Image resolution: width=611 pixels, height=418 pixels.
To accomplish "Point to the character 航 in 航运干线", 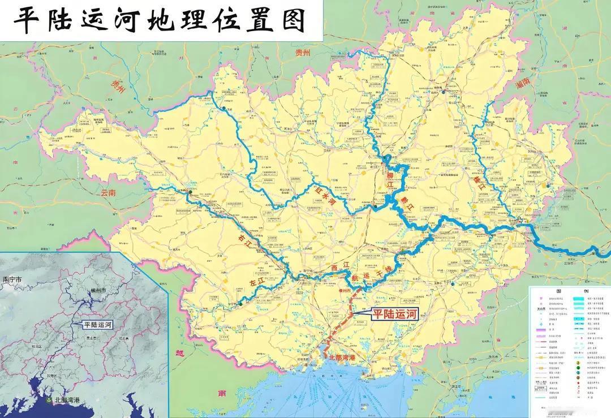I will tap(355, 278).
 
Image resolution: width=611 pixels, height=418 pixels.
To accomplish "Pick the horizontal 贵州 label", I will tap(303, 53).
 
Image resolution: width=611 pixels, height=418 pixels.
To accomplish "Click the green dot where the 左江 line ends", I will tap(240, 304).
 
